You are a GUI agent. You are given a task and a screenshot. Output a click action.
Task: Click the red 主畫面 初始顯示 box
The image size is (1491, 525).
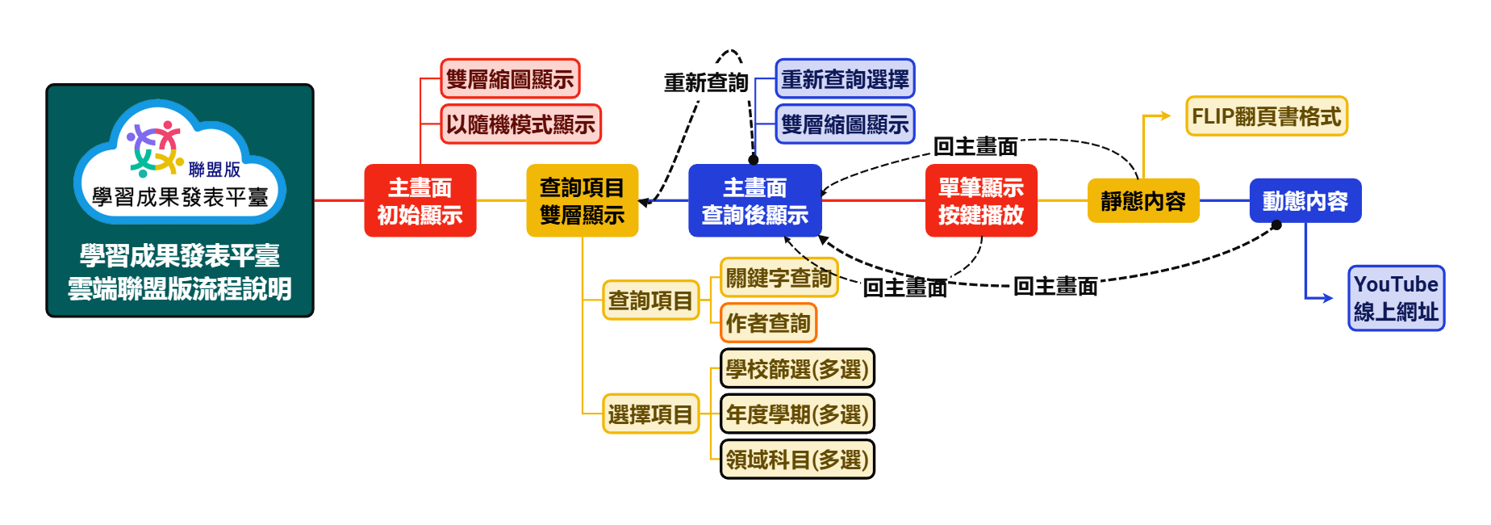pos(420,201)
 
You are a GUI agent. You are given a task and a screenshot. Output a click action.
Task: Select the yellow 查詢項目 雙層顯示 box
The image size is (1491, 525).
pos(582,201)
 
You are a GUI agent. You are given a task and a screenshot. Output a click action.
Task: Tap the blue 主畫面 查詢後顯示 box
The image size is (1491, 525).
pos(754,201)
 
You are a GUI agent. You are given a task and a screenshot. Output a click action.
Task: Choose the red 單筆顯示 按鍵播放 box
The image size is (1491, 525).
pos(981,201)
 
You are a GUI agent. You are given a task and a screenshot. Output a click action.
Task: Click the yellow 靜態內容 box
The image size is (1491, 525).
pos(1143,201)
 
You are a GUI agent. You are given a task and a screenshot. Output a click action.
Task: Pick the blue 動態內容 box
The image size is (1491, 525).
pos(1305,201)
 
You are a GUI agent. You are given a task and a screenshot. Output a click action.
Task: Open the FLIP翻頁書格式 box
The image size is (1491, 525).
pos(1266,116)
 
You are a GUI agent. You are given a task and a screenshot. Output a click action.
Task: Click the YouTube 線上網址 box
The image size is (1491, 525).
pos(1396,298)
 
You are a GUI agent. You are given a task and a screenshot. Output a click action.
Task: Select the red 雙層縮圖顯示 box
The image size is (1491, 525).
pos(510,79)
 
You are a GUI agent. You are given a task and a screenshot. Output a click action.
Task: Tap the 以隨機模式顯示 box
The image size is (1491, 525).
pos(520,124)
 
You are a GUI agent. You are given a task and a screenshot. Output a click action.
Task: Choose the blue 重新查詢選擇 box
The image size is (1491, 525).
pos(845,79)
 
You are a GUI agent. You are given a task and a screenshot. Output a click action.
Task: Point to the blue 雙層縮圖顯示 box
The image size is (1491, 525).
pos(845,124)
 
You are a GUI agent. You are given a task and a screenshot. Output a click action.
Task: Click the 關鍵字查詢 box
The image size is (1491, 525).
pos(779,278)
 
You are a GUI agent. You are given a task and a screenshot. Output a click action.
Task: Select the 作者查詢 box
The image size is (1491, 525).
pos(768,323)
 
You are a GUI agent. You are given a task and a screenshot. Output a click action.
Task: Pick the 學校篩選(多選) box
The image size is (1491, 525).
pos(797,369)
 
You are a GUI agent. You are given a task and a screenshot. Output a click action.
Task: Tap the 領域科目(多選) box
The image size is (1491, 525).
pos(797,460)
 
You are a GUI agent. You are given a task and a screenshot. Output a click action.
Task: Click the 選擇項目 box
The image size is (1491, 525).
pos(650,414)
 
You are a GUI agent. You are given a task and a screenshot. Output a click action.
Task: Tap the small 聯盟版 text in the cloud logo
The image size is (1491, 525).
pos(215,170)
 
